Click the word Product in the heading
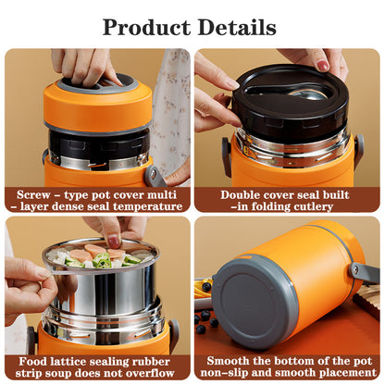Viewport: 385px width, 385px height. click(x=148, y=26)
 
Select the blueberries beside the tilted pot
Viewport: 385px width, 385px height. click(x=205, y=322)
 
